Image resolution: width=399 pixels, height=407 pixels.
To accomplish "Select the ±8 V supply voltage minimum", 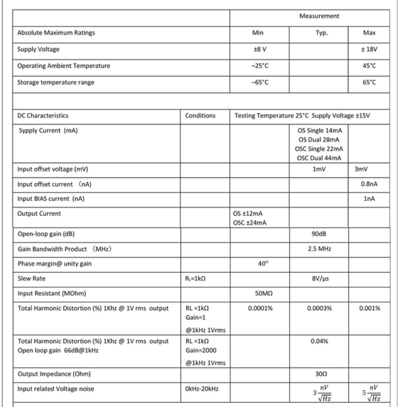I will point(259,49).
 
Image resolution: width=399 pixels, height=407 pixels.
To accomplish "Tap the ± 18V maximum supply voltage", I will point(369,49).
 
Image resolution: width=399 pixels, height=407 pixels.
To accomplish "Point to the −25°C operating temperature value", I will point(259,66).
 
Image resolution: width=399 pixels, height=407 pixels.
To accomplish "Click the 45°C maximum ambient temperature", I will point(369,66).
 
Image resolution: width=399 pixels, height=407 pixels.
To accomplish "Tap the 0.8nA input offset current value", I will point(369,184).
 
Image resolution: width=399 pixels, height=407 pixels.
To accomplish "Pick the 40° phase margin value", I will point(259,264).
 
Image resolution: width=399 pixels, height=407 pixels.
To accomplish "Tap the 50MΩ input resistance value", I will point(259,294).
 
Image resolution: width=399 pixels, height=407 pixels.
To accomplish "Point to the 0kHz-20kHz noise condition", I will point(202,389).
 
